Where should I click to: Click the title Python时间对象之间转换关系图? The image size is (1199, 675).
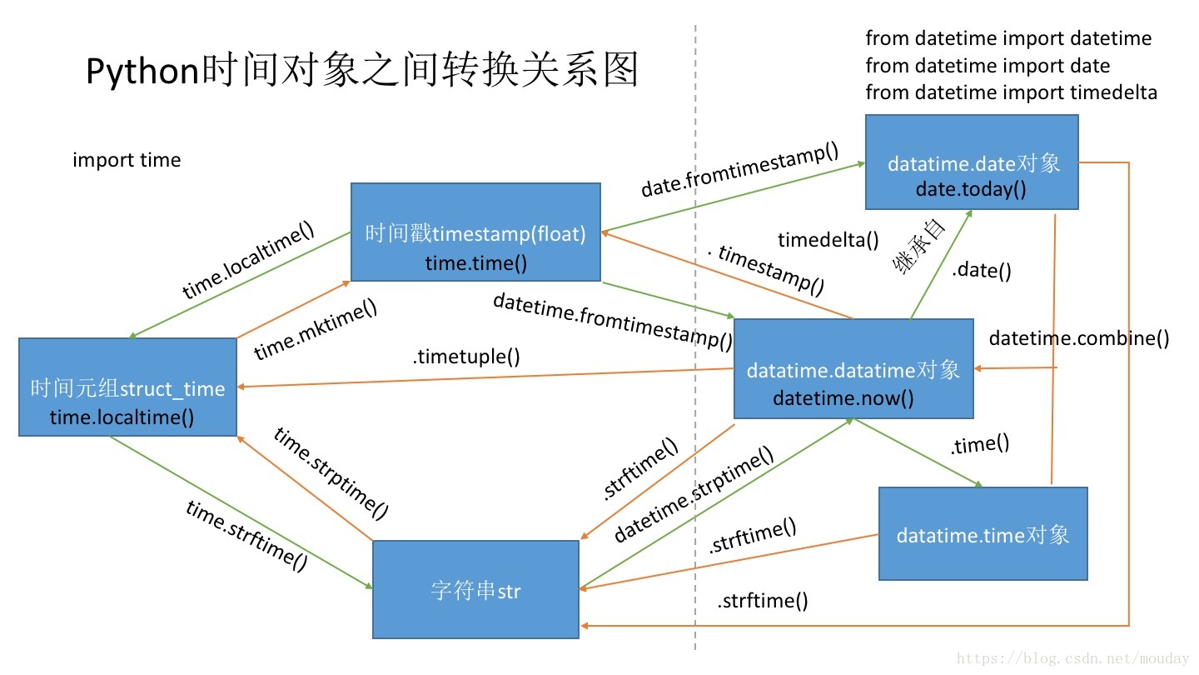pos(362,70)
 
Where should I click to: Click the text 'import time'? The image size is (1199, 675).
pos(127,160)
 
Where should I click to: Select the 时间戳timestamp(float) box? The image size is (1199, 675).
pos(475,232)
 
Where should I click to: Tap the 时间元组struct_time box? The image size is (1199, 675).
pos(127,387)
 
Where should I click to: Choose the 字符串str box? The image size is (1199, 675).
pos(475,590)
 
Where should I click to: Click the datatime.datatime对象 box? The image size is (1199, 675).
pos(853,369)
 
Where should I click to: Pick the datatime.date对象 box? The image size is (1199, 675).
pos(972,162)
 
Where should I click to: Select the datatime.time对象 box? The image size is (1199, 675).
pos(983,534)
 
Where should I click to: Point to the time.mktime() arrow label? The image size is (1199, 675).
pos(316,330)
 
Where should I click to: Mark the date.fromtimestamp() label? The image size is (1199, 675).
pos(739,170)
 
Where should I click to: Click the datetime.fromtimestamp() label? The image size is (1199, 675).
pos(613,320)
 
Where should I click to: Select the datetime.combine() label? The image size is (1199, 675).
pos(1079,338)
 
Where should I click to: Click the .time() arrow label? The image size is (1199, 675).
pos(979,444)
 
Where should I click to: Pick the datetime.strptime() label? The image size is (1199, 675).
pos(694,494)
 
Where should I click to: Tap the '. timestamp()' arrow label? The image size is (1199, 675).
pos(765,269)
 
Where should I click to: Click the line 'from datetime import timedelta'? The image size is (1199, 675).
pos(1011,92)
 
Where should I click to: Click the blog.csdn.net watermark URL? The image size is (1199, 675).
pos(1073,659)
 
